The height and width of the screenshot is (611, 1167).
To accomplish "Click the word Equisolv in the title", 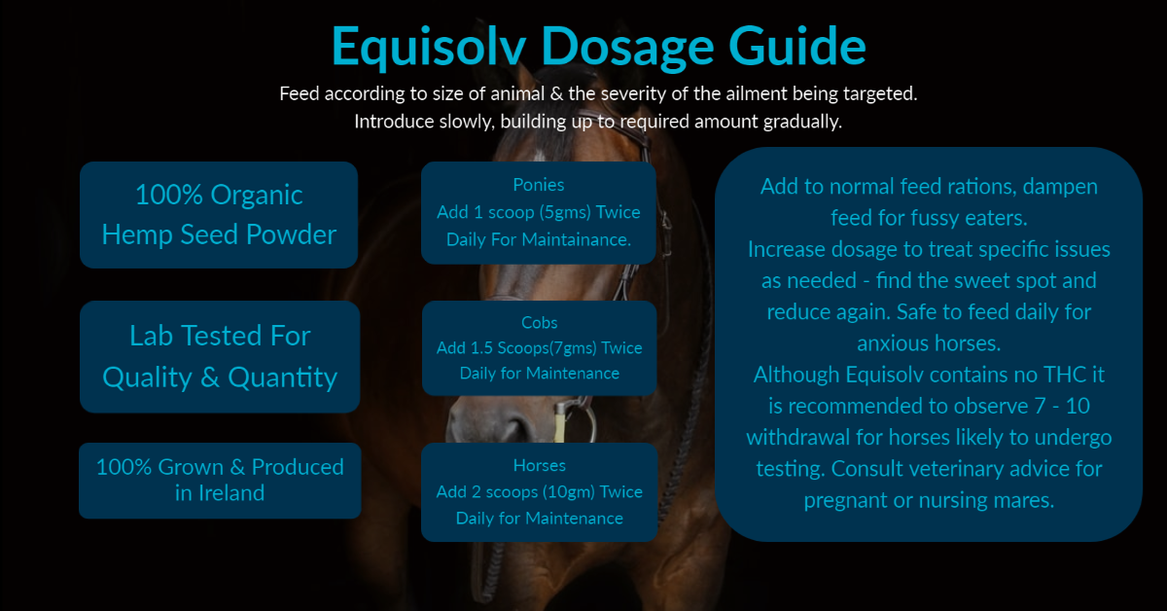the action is pos(428,47).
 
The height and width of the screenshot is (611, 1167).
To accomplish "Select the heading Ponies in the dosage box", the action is pos(538,185).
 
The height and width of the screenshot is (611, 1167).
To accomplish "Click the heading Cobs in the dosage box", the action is pos(539,323).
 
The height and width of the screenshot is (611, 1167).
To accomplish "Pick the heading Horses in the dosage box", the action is pos(539,465).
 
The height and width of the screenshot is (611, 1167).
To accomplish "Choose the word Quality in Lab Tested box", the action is pos(148,377).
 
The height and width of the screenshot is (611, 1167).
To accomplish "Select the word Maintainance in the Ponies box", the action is pos(576,239).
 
